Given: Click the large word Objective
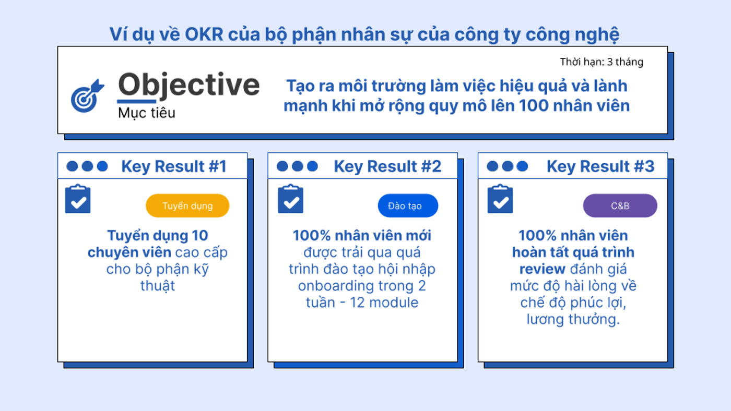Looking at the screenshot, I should click(x=188, y=85).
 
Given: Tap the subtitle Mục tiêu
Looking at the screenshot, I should click(x=147, y=113).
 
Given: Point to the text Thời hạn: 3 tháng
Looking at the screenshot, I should click(x=602, y=62).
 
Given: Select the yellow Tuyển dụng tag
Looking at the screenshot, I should click(x=187, y=205).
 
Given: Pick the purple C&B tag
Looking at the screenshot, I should click(x=620, y=205).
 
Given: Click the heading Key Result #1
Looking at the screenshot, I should click(x=174, y=166).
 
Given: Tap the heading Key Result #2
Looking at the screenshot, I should click(x=387, y=166).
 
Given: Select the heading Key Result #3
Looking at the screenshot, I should click(x=600, y=166).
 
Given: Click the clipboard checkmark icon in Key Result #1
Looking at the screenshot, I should click(x=78, y=199).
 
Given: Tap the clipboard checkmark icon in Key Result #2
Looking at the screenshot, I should click(x=291, y=199).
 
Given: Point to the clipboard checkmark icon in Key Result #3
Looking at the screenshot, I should click(x=500, y=199).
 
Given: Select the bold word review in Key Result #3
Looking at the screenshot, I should click(x=542, y=269).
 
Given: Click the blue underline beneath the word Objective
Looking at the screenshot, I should click(x=136, y=101).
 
